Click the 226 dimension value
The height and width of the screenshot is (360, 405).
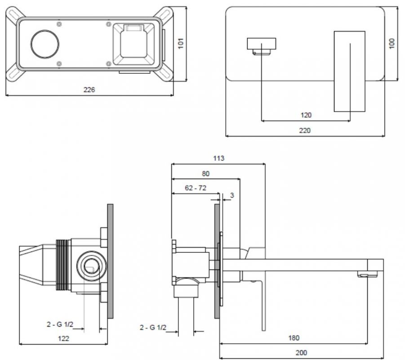pyautogui.click(x=89, y=90)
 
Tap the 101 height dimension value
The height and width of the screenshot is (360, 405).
pyautogui.click(x=181, y=44)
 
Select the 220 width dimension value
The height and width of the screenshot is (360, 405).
pyautogui.click(x=305, y=130)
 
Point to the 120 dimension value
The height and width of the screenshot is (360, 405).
pyautogui.click(x=306, y=115)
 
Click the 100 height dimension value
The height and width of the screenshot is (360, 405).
pyautogui.click(x=392, y=44)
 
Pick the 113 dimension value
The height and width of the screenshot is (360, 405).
pyautogui.click(x=218, y=158)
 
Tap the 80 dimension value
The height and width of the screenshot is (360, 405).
pyautogui.click(x=205, y=173)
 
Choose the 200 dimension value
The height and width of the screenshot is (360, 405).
pyautogui.click(x=302, y=353)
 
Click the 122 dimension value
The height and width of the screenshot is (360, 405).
pyautogui.click(x=64, y=338)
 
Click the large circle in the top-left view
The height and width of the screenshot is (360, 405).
pyautogui.click(x=45, y=44)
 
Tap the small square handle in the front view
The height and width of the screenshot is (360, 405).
pyautogui.click(x=261, y=46)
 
